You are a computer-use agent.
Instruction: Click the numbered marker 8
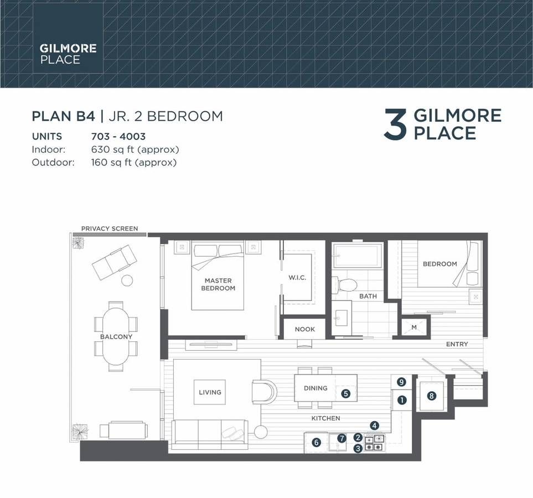(431, 396)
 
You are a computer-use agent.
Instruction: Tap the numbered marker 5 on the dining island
(345, 393)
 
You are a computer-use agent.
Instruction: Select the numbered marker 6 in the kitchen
(316, 442)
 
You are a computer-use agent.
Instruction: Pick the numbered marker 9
(401, 382)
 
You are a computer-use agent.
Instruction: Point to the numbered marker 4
(374, 426)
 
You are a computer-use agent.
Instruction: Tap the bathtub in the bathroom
(358, 255)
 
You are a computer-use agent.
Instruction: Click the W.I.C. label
(297, 277)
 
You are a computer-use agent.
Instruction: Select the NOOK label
(305, 329)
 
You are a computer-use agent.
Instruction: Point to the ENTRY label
(457, 344)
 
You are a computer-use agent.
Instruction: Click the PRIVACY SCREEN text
(110, 229)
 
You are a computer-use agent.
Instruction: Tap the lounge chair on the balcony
(114, 262)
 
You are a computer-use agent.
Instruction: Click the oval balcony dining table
(116, 336)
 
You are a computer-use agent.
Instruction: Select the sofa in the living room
(209, 435)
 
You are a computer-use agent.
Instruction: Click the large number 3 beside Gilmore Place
(395, 124)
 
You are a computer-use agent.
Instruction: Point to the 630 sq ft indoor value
(135, 149)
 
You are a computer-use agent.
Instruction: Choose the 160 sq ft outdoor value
(134, 163)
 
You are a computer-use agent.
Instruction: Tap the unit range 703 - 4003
(118, 136)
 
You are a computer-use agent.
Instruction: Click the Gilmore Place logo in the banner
(68, 54)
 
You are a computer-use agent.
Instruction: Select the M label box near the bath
(414, 328)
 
